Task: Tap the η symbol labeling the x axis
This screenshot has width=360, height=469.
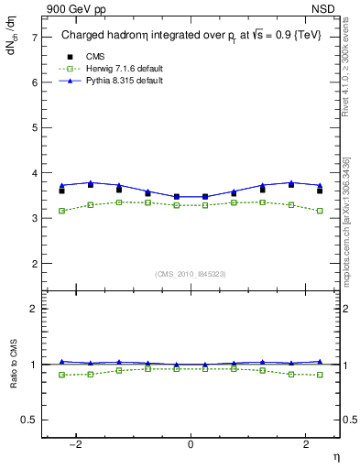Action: point(335,456)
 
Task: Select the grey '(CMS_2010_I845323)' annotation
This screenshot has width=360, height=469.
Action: point(191,274)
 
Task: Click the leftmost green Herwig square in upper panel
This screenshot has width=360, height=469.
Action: point(61,211)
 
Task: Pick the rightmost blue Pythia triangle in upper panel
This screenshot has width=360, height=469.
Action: point(320,185)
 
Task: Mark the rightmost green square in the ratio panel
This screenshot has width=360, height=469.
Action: point(320,375)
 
